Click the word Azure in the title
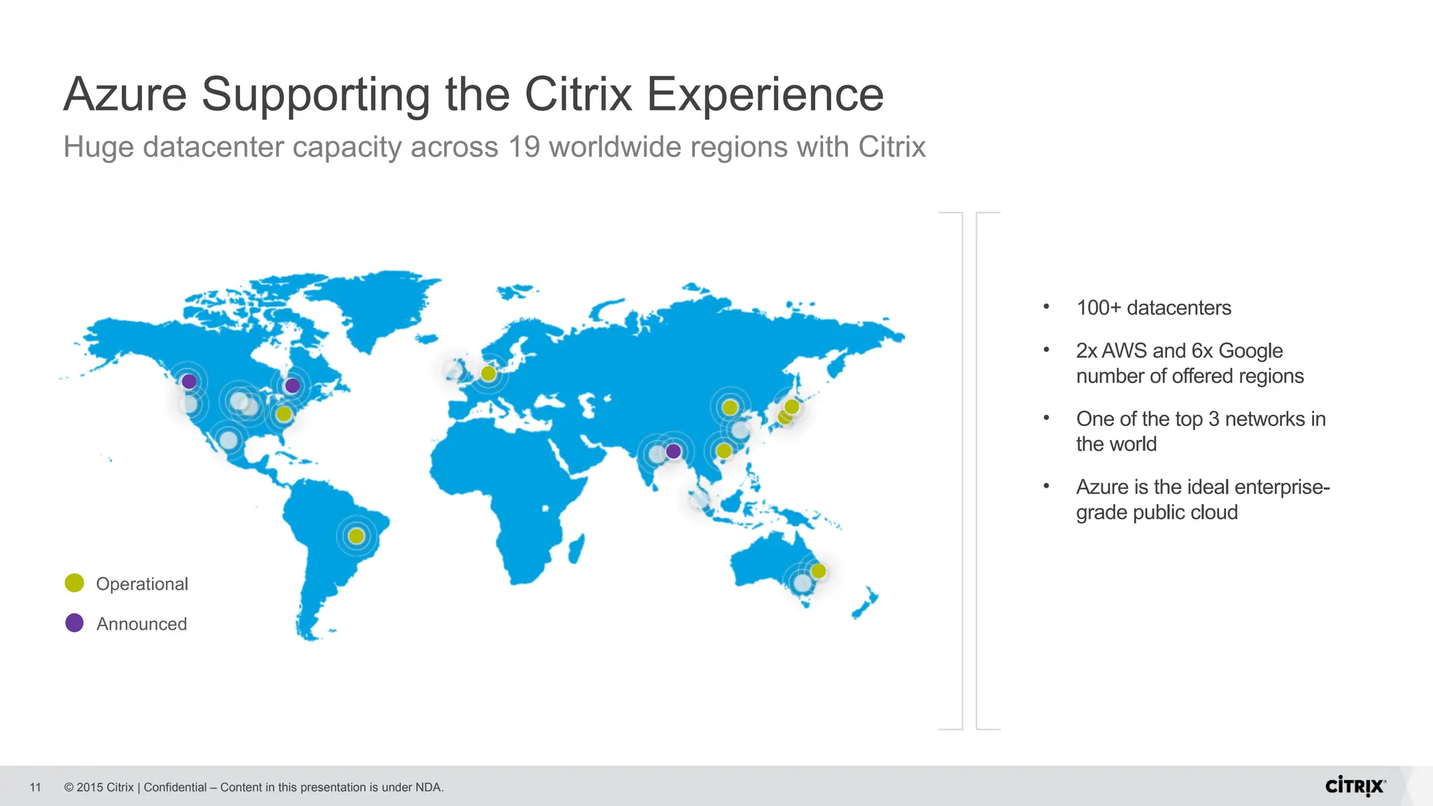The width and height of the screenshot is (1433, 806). point(125,94)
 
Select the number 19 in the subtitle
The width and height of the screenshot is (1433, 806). point(524,147)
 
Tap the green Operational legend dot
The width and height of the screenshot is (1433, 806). point(74,583)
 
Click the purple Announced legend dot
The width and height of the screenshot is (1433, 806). point(74,623)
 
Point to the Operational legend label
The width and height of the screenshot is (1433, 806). point(142,584)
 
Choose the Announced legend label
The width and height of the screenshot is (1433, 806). point(141,624)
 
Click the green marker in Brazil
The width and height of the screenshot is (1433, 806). point(356,536)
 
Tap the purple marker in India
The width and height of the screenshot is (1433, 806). point(673,451)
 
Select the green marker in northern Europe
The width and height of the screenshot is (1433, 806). point(488,374)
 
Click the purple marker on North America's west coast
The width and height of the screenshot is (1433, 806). point(189,381)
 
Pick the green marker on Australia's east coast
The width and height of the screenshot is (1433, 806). point(818,571)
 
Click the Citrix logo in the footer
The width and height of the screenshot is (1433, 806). point(1355,786)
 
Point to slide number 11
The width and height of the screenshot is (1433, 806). point(36,788)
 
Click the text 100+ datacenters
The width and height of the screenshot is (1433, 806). point(1153,308)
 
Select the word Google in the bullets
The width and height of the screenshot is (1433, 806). point(1250,351)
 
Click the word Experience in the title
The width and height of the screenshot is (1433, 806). point(765,94)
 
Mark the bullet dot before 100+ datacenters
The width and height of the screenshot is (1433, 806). point(1046,306)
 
